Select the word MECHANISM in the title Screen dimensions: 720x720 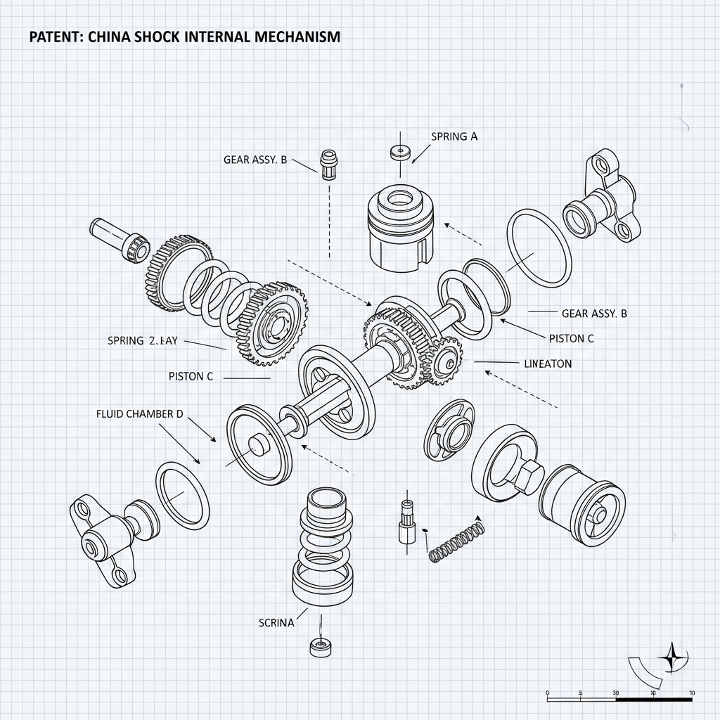[297, 37]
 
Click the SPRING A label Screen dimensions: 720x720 [453, 136]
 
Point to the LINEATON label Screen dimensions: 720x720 [548, 364]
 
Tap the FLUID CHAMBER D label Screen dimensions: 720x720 [139, 414]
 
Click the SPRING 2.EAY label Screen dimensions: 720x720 [143, 340]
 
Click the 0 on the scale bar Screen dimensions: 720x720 [547, 693]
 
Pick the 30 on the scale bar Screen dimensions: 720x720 [616, 693]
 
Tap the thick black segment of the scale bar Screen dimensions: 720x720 [654, 700]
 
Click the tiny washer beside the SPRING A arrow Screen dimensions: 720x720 [399, 150]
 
